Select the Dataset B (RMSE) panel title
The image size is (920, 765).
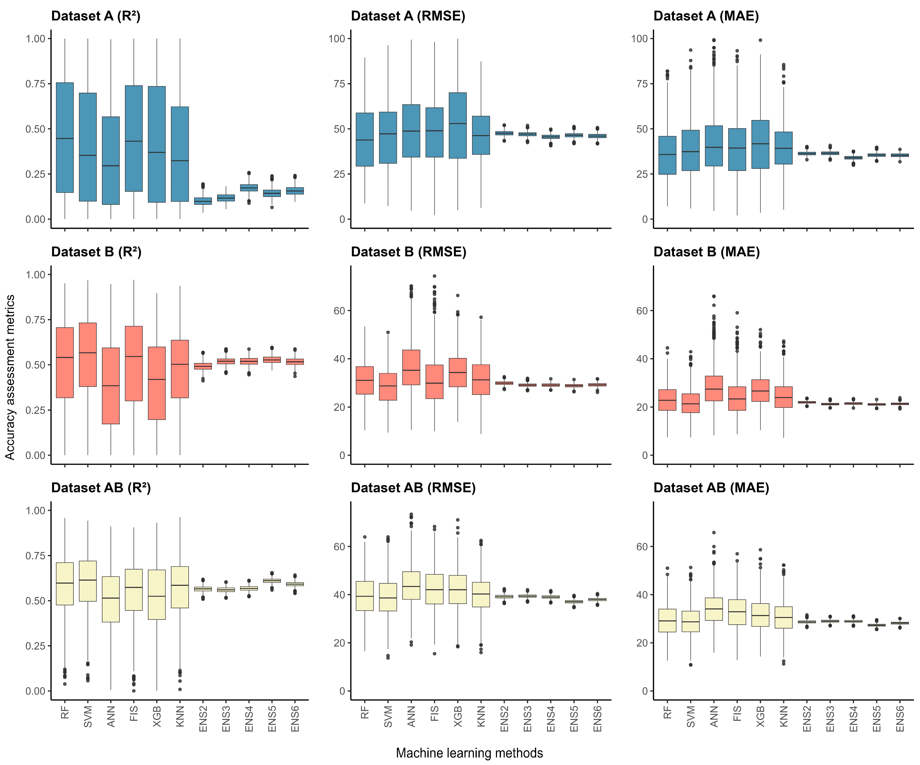tap(408, 252)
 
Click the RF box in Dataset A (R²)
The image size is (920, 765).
tap(65, 138)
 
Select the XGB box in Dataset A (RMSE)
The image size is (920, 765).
tap(458, 125)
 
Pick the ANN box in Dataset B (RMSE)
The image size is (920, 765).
tap(411, 367)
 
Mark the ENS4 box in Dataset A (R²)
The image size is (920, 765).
tap(249, 188)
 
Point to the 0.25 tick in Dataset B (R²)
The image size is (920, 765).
tap(35, 410)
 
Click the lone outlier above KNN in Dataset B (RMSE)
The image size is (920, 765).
tap(481, 317)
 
